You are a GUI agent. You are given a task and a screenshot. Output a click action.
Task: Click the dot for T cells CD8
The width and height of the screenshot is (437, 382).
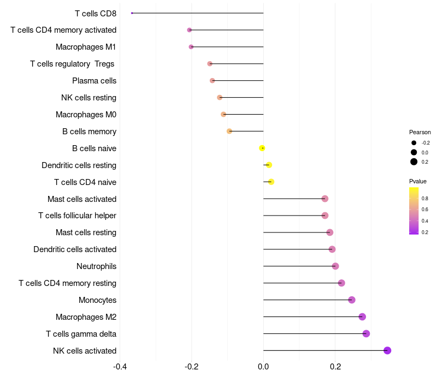132,13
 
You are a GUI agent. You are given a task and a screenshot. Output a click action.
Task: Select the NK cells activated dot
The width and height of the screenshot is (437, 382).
387,350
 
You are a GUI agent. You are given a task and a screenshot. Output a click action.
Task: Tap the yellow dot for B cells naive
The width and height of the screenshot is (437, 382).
262,148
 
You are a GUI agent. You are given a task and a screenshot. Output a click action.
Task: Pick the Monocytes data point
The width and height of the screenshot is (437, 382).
352,300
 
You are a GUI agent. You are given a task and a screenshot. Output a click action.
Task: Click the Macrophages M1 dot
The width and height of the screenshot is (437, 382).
191,47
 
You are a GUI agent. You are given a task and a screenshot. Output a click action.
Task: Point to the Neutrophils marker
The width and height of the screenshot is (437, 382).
335,266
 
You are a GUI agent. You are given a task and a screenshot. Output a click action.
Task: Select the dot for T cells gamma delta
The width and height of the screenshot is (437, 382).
366,333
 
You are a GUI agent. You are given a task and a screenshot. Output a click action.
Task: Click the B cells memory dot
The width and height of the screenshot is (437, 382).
229,131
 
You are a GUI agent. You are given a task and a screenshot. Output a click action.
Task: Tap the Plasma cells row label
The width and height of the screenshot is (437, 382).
94,81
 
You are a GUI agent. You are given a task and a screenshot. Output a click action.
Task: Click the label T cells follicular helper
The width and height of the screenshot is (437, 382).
77,216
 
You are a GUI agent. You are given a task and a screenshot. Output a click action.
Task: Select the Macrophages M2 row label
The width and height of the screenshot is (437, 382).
86,317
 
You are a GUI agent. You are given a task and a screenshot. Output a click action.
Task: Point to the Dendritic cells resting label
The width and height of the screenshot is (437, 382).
79,165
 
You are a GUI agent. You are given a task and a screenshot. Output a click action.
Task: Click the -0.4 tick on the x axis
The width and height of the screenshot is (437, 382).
120,366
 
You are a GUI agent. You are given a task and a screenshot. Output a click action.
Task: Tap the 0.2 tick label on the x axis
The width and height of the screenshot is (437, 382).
335,366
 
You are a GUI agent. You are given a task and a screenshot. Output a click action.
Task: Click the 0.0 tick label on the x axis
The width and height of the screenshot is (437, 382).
263,366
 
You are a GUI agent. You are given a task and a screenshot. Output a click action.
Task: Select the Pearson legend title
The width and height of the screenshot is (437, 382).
420,132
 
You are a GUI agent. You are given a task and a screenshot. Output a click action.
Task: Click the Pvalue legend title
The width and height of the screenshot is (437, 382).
418,181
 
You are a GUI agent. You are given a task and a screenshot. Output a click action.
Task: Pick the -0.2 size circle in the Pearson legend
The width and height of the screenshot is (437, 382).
414,143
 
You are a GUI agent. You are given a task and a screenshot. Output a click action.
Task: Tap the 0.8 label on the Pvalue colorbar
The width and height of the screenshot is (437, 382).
425,199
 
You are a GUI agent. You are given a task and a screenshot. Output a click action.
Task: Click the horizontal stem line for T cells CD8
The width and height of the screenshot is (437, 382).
198,13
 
